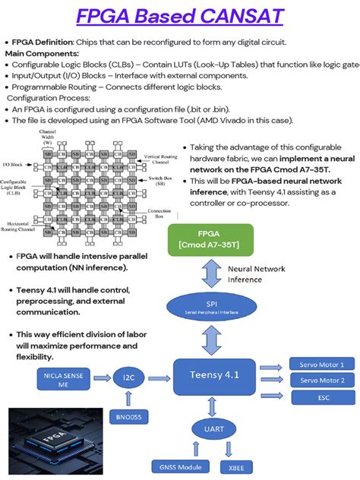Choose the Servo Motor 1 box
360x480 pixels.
click(321, 364)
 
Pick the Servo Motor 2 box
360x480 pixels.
click(321, 380)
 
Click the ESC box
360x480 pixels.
click(321, 396)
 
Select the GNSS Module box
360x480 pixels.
click(176, 466)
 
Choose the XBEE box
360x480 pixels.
click(236, 466)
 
